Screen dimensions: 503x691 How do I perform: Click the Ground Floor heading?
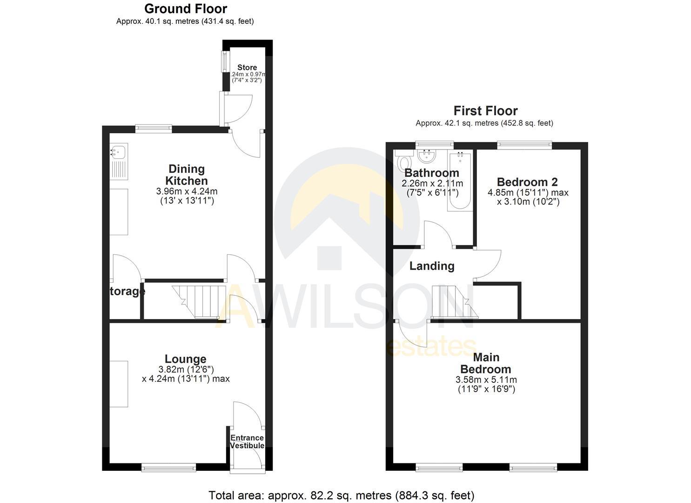click(x=185, y=9)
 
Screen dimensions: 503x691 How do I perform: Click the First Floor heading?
click(x=485, y=111)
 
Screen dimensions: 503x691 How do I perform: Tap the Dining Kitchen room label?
click(x=187, y=175)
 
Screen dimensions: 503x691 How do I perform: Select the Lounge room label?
click(x=185, y=359)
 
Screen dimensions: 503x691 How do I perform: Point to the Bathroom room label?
click(x=432, y=173)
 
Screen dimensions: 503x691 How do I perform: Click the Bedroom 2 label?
click(x=527, y=182)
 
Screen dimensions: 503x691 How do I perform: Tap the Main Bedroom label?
click(x=486, y=363)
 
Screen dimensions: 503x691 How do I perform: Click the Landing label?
click(x=432, y=266)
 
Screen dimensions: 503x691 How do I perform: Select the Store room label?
click(x=247, y=68)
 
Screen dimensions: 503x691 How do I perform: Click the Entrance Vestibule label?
click(x=247, y=442)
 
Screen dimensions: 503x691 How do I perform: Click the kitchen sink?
click(x=118, y=151)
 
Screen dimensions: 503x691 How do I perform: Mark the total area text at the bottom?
click(x=341, y=495)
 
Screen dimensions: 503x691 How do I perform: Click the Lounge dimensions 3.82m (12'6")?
click(x=186, y=369)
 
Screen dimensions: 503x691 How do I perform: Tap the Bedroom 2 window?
click(x=524, y=145)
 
